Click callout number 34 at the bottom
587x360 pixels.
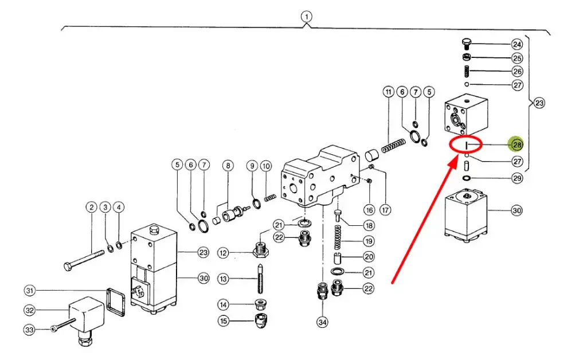coord(323,323)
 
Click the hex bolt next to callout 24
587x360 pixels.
coord(468,44)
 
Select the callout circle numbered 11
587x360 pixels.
coord(389,92)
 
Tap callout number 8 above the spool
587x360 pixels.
coord(228,166)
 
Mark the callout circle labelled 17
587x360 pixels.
coord(386,210)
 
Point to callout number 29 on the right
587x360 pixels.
coord(517,179)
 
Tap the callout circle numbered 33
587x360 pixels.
coord(30,330)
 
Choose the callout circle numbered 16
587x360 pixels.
coord(369,210)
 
